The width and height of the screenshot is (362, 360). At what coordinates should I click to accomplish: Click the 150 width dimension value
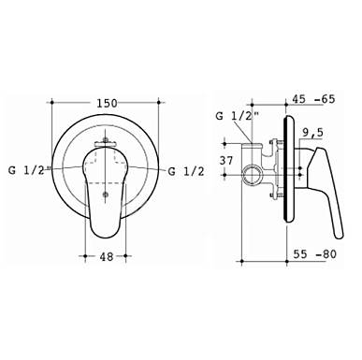point(107,103)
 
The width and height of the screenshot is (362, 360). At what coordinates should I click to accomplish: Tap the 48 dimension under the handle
point(106,256)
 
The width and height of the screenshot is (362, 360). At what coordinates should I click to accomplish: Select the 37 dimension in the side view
point(226,161)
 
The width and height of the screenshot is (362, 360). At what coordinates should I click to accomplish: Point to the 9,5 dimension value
point(313,133)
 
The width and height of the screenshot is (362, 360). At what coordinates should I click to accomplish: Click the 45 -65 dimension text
point(313,99)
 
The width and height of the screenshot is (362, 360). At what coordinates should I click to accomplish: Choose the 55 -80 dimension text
point(315,254)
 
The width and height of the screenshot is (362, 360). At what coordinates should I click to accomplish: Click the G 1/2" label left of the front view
point(30,171)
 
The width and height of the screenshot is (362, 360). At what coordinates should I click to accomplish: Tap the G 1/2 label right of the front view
point(186,171)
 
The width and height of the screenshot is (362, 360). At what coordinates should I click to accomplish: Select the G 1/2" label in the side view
point(238,116)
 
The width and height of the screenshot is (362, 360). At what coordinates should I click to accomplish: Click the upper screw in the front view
point(106,139)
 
